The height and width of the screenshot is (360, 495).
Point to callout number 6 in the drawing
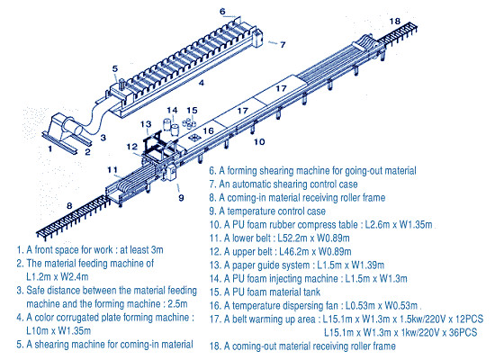click(x=221, y=12)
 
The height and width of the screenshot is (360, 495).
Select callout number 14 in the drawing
click(x=172, y=112)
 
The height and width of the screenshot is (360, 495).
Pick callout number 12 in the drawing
click(x=132, y=147)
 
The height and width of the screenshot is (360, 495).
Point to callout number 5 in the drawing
click(x=114, y=68)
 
